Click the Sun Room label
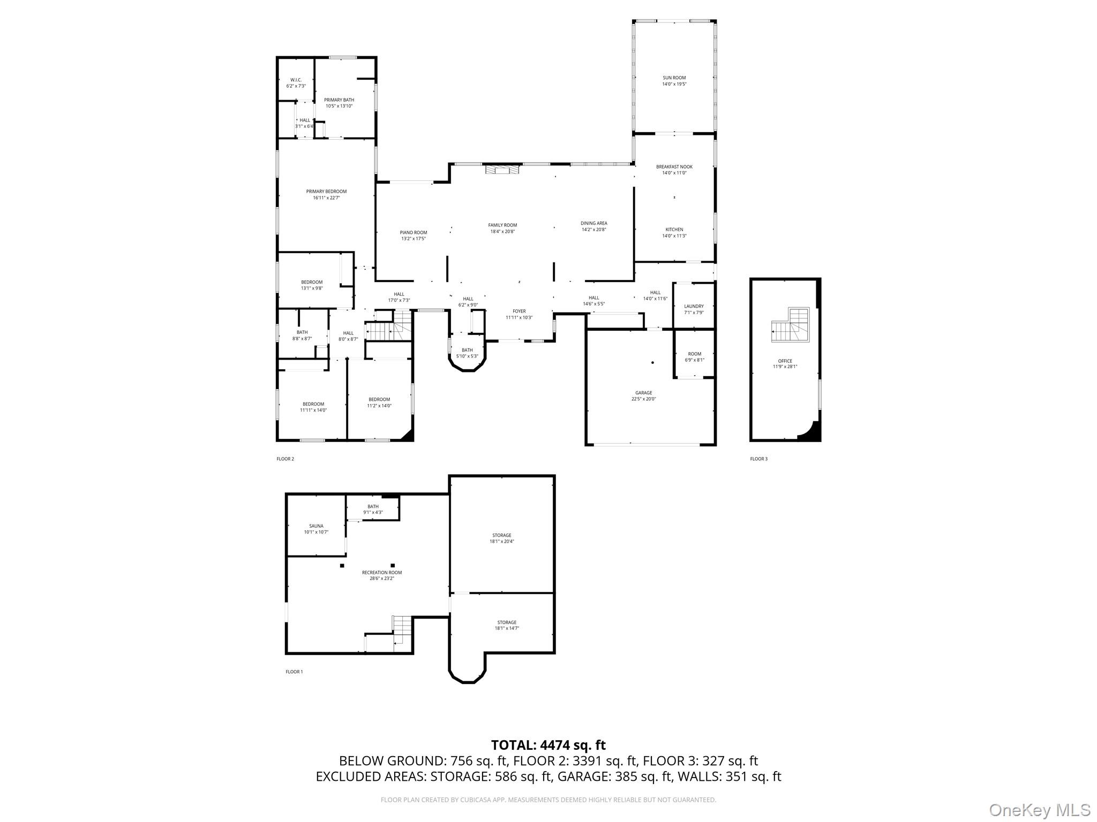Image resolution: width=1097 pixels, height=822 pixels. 674,78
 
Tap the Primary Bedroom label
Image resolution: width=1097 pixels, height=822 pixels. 326,192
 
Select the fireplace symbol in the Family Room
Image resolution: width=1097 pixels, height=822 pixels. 502,170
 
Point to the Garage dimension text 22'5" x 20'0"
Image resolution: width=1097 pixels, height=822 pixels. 643,399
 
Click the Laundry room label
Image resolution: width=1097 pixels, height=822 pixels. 694,307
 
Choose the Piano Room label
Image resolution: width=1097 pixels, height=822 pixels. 413,233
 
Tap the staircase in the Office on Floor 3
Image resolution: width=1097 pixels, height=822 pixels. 791,325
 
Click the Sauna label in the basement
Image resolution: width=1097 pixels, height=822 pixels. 316,526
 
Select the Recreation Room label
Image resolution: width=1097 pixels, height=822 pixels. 381,573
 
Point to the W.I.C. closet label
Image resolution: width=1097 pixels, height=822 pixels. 296,80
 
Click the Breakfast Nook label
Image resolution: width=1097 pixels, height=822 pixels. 674,167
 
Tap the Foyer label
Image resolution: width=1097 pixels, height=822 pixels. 519,311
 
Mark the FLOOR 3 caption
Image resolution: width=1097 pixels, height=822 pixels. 758,459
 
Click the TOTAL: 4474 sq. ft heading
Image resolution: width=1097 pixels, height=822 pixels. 548,745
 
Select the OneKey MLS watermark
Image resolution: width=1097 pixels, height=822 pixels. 1039,810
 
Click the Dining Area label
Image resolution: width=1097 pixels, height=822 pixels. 593,224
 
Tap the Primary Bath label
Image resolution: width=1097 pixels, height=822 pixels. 339,100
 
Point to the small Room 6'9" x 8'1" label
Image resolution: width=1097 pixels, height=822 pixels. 694,354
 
